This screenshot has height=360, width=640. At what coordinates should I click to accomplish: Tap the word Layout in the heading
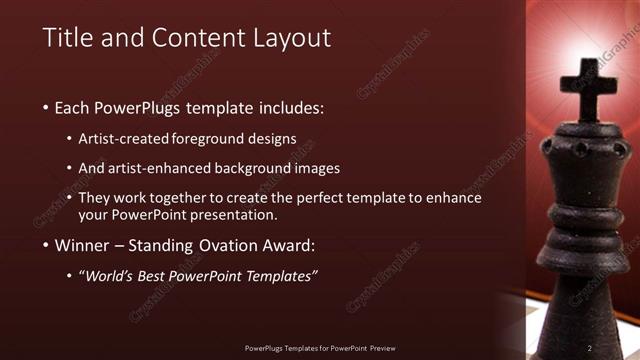tap(291, 38)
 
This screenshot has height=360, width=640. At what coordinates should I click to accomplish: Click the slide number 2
tap(590, 348)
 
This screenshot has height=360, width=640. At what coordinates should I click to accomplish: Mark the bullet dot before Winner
tap(46, 246)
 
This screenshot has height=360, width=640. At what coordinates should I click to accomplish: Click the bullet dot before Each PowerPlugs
tap(46, 107)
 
